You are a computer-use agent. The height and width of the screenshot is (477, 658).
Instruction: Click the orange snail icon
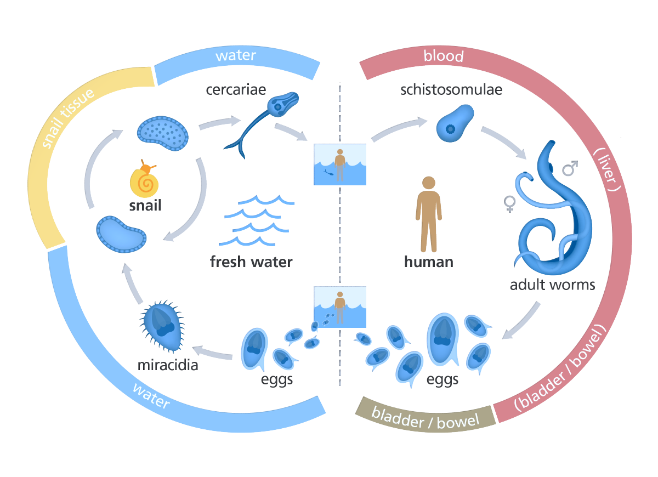[145, 181]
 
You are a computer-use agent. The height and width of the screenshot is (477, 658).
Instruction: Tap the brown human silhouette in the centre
[428, 214]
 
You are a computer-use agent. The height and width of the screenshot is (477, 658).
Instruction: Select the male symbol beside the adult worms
[570, 168]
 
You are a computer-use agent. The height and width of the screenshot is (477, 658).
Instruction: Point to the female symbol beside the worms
[510, 205]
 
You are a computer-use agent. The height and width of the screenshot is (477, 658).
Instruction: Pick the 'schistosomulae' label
[451, 89]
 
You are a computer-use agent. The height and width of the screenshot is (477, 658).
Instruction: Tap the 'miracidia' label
[167, 364]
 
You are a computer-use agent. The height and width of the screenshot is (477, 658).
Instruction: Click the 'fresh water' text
[251, 262]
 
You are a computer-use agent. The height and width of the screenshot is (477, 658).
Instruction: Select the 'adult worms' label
[552, 285]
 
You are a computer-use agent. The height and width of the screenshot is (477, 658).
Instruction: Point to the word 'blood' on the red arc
[444, 56]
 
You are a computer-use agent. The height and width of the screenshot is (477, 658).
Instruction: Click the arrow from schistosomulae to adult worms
[504, 141]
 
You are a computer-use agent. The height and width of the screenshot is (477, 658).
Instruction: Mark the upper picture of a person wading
[339, 164]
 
